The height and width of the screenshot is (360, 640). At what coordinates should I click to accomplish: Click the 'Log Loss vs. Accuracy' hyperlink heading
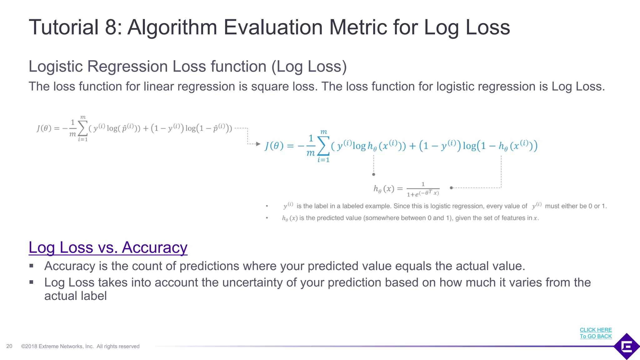108,247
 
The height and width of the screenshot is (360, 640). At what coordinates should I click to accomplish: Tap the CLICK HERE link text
596,330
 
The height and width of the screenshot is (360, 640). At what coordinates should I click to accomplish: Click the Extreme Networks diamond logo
627,346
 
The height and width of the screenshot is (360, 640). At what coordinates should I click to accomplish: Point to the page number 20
9,346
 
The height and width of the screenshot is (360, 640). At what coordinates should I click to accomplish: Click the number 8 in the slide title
111,27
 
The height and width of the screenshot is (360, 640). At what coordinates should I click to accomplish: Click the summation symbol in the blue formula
324,146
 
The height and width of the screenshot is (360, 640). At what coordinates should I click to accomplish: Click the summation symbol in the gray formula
83,128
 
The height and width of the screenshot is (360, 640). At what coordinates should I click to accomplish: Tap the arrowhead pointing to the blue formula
258,144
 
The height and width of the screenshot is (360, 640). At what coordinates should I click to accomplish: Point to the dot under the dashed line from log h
373,174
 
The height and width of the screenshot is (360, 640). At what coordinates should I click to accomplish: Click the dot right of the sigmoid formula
451,188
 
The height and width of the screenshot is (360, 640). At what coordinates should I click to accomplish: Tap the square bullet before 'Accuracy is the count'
31,266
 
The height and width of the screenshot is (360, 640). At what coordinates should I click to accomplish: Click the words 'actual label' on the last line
75,296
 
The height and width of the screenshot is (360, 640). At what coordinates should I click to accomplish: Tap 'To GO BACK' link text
596,336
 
